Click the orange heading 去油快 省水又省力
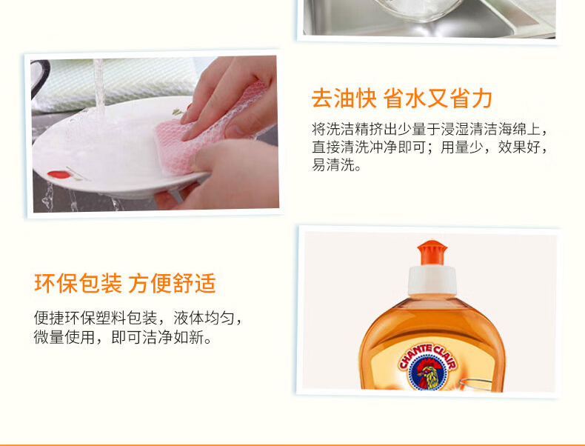click(402, 98)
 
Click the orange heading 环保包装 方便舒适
click(125, 283)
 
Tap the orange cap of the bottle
click(432, 253)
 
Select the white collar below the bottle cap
click(432, 280)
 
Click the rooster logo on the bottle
click(427, 373)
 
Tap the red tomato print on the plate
click(59, 175)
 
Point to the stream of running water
click(99, 85)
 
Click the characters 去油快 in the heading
click(344, 98)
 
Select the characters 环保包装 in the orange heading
click(78, 283)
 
